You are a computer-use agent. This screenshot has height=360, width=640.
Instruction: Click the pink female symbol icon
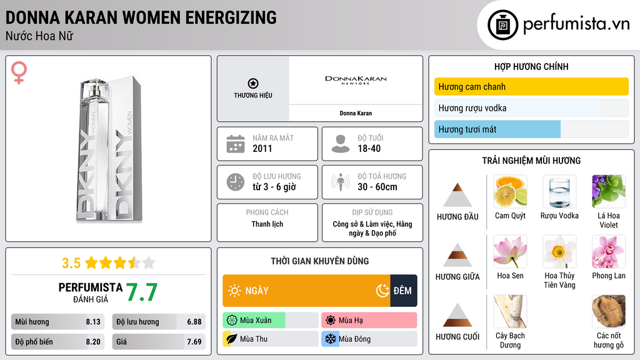pyautogui.click(x=19, y=73)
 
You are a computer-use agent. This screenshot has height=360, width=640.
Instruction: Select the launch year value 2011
pyautogui.click(x=262, y=149)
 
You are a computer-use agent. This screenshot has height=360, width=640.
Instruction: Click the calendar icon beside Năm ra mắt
pyautogui.click(x=235, y=144)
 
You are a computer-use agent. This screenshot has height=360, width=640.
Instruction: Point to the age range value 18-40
pyautogui.click(x=369, y=149)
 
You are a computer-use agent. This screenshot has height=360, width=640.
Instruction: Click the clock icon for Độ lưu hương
pyautogui.click(x=235, y=182)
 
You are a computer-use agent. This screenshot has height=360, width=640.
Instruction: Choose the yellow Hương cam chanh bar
pyautogui.click(x=531, y=87)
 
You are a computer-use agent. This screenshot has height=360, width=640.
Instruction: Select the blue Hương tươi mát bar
pyautogui.click(x=497, y=129)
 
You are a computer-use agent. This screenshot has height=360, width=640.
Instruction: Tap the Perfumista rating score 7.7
pyautogui.click(x=141, y=292)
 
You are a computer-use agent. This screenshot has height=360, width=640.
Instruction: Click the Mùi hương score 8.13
pyautogui.click(x=93, y=322)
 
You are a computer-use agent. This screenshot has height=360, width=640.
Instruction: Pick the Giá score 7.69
pyautogui.click(x=194, y=342)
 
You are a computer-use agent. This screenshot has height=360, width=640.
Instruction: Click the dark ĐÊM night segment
pyautogui.click(x=403, y=291)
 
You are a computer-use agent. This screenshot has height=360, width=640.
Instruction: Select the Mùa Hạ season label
pyautogui.click(x=350, y=321)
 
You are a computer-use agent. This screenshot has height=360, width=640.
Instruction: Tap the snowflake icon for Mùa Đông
pyautogui.click(x=329, y=339)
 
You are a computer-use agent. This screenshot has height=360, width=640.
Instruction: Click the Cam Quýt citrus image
pyautogui.click(x=510, y=191)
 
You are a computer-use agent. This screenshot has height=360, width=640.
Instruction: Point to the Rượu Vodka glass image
pyautogui.click(x=559, y=191)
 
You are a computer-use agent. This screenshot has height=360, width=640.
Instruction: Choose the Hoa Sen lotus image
pyautogui.click(x=510, y=251)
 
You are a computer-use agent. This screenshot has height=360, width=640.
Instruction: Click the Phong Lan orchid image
pyautogui.click(x=608, y=251)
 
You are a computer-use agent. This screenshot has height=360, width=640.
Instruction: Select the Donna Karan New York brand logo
pyautogui.click(x=356, y=81)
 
